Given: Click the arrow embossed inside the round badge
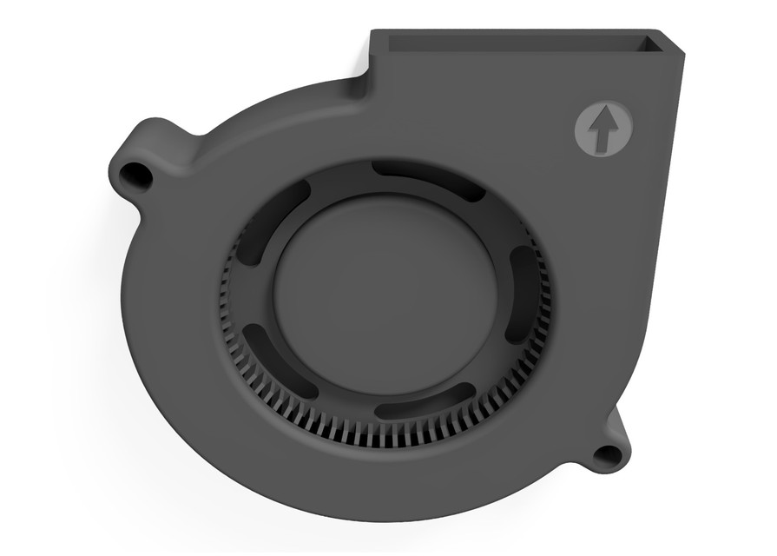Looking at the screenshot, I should click(x=603, y=129).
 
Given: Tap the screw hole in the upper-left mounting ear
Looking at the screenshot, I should click(x=135, y=175).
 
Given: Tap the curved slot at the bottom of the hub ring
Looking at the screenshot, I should click(x=425, y=404).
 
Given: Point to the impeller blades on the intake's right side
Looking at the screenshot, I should click(x=538, y=339).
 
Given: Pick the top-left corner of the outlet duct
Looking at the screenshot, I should click(x=373, y=33).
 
